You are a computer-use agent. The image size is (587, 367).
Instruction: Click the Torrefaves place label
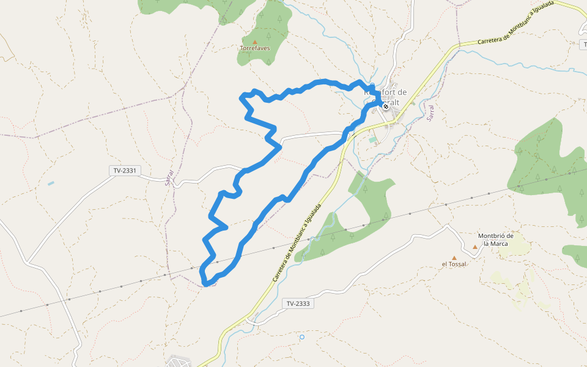click(x=255, y=48)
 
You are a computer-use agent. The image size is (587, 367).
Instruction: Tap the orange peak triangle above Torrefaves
click(x=255, y=42)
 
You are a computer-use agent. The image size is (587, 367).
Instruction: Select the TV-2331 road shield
click(x=125, y=171)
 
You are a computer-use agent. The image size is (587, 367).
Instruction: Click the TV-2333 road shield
click(x=298, y=303)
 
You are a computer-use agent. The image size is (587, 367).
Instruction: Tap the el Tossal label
click(x=454, y=264)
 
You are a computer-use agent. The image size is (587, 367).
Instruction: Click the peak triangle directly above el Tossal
click(x=454, y=258)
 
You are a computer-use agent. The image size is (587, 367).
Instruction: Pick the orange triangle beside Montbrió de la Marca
click(x=475, y=247)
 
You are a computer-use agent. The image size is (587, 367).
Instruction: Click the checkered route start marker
click(x=385, y=106)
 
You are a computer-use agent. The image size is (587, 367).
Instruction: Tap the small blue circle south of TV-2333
click(x=301, y=336)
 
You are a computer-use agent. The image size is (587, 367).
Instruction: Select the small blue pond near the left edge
click(x=51, y=183)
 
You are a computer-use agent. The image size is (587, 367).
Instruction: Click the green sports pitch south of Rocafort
click(x=372, y=139)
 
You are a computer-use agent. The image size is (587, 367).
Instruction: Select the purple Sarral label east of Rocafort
click(x=430, y=113)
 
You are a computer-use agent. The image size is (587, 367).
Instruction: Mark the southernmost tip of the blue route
click(x=207, y=284)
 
